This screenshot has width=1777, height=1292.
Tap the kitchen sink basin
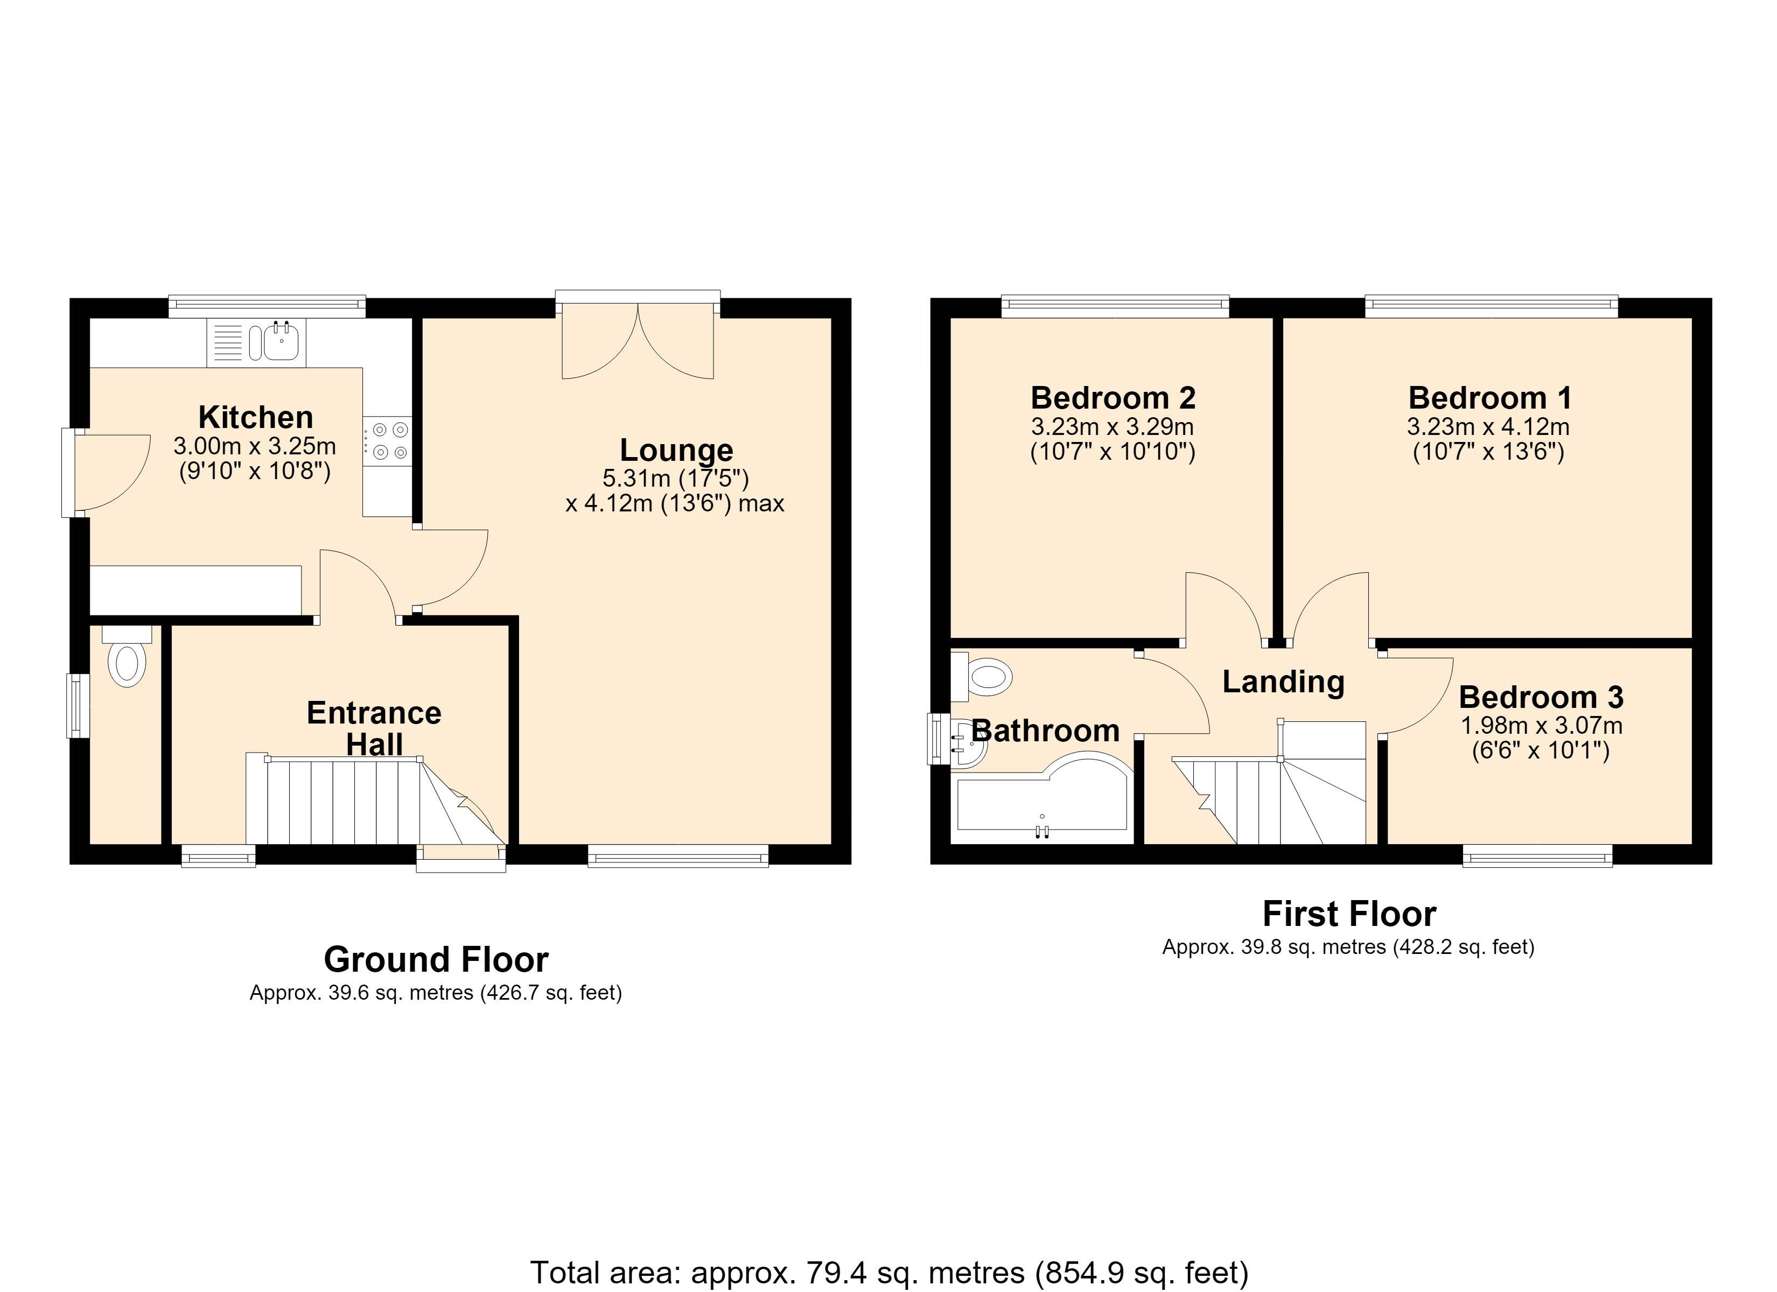pos(281,342)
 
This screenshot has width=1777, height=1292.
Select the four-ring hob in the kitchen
pos(387,441)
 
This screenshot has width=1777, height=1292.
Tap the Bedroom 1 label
pos(1489,398)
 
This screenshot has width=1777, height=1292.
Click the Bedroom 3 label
pos(1541,697)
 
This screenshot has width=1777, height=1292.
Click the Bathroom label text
pos(1045,731)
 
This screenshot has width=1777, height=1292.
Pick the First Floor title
pos(1349,914)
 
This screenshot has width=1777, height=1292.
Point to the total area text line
pos(889,1273)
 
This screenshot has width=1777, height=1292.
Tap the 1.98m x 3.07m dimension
pos(1541,726)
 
